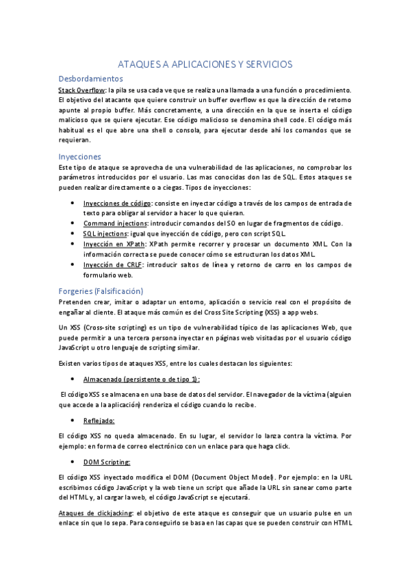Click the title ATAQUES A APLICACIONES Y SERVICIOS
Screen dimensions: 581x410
tap(205, 64)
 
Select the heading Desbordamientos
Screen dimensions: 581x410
tap(91, 79)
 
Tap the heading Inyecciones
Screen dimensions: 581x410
tap(79, 156)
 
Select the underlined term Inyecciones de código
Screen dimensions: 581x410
tap(117, 203)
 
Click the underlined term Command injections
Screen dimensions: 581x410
tap(115, 223)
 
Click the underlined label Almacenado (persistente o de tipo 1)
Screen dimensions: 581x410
tap(141, 379)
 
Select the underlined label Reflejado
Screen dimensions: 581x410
tap(99, 420)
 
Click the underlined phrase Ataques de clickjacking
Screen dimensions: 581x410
tap(96, 513)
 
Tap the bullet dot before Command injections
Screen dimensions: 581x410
tap(73, 223)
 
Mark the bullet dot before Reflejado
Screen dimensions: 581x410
tap(73, 420)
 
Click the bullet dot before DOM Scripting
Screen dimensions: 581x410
tap(73, 462)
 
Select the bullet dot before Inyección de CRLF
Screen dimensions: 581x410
tap(73, 264)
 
